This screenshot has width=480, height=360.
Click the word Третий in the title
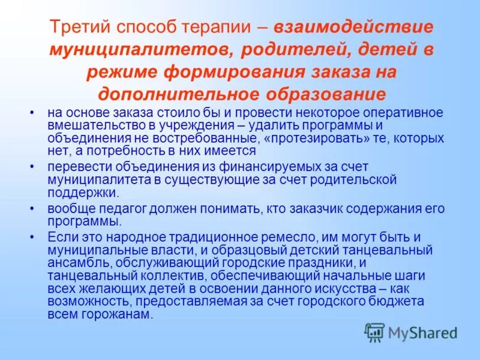point(79,28)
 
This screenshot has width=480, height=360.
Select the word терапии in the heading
point(230,28)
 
